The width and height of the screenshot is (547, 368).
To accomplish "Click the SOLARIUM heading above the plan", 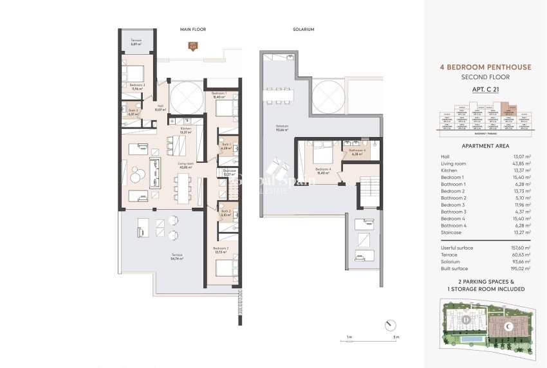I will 302,29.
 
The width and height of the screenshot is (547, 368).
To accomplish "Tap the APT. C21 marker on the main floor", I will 192,46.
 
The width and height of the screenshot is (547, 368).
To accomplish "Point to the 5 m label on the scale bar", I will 396,337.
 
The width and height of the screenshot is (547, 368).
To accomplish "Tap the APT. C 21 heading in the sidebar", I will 486,89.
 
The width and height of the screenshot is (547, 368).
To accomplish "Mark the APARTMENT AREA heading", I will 486,146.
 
